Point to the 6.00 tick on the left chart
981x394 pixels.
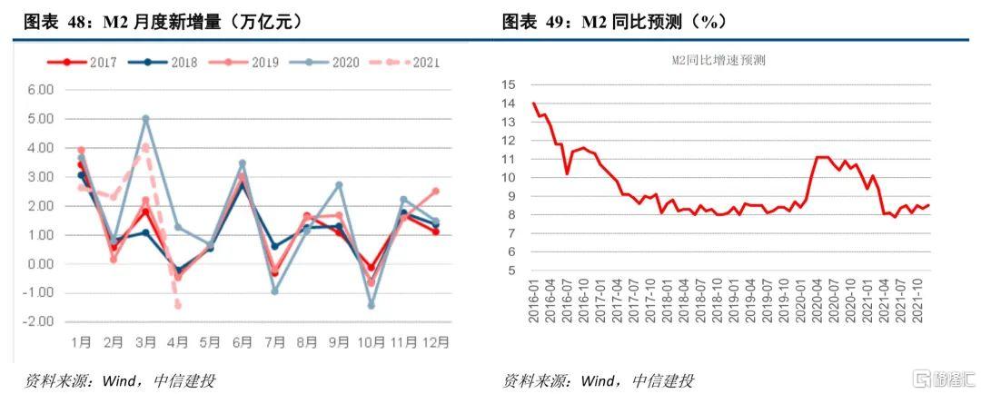[41, 90]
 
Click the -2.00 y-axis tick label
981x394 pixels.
[39, 322]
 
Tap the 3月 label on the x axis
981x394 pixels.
[145, 343]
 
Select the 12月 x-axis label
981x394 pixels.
[434, 343]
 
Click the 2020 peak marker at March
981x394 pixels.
[145, 119]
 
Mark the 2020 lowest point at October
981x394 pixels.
[371, 306]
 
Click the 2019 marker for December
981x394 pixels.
[435, 191]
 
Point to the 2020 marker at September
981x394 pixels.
[339, 185]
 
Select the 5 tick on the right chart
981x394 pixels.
[511, 271]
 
